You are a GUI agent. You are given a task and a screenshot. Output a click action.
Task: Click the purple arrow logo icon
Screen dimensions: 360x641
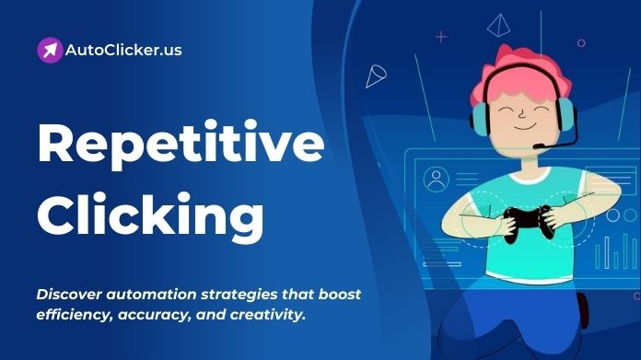50,50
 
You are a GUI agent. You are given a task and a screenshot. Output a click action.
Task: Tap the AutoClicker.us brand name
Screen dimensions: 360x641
123,50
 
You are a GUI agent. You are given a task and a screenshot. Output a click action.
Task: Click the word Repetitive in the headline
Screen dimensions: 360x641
181,144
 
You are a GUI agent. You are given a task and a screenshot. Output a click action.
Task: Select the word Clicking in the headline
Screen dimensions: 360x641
151,213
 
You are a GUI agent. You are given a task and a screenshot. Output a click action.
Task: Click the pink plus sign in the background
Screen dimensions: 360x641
440,37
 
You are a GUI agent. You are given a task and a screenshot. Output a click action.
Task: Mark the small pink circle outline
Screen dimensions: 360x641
580,41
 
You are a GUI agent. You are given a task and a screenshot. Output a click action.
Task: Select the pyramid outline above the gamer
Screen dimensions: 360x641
499,24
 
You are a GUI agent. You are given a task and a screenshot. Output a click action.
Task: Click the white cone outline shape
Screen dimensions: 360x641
375,75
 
